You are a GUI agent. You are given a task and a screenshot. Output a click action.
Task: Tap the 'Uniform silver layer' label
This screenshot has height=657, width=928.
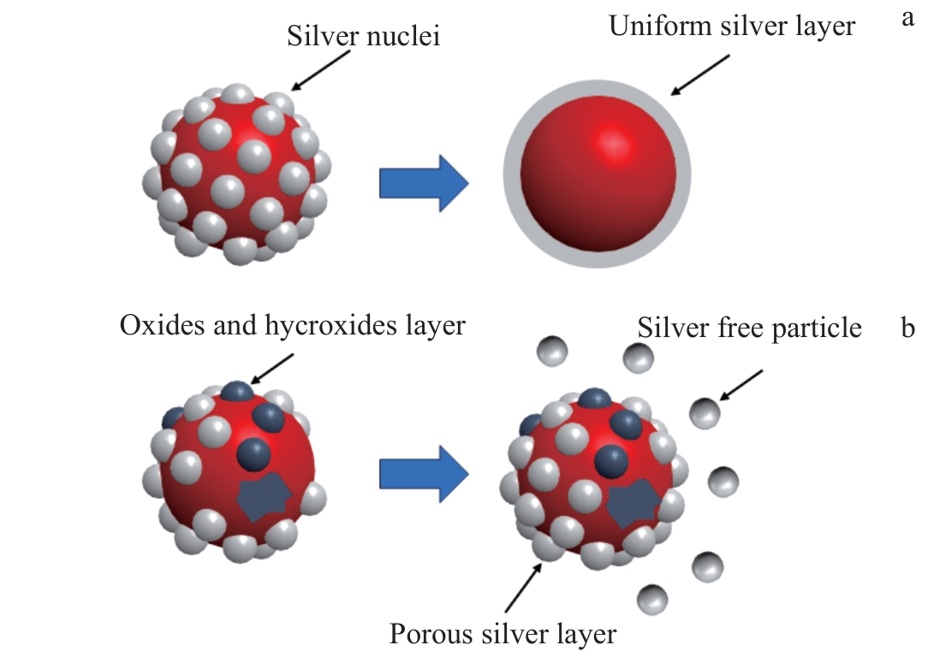731,27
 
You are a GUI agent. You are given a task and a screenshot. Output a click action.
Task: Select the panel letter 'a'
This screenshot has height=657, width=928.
908,19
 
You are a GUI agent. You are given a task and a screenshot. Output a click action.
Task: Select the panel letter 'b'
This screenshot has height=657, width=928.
908,328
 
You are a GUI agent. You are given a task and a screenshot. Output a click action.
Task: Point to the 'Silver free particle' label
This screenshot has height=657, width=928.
749,328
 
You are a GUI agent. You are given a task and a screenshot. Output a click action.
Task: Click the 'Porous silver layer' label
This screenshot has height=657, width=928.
503,634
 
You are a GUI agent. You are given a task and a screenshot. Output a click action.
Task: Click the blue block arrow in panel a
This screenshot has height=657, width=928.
423,182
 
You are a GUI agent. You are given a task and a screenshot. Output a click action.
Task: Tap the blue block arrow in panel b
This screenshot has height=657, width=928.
423,473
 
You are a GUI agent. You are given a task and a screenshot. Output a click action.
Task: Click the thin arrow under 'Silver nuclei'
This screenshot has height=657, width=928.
321,70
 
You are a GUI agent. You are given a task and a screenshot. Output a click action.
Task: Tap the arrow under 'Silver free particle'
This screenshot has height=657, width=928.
741,385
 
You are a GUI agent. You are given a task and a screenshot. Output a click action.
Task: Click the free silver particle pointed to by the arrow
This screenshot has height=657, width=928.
705,413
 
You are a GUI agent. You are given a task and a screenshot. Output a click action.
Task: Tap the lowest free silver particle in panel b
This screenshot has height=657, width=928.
654,598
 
